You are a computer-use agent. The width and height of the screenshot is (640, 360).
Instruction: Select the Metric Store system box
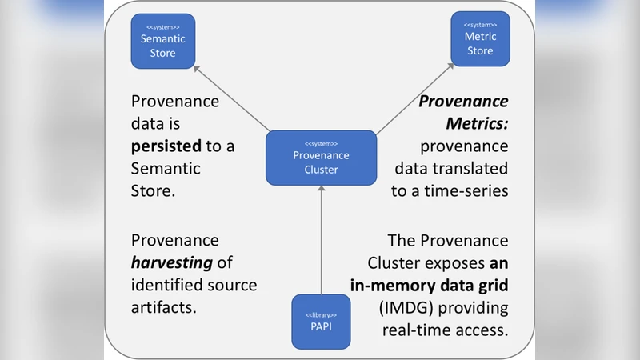[x=480, y=39]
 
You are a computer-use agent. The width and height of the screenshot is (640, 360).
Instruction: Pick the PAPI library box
[x=321, y=322]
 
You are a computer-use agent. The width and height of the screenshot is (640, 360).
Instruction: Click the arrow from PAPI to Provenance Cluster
[x=321, y=240]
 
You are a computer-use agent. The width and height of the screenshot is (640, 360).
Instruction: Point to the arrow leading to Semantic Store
[x=232, y=98]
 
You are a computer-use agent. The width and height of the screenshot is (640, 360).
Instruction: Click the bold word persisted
[x=166, y=147]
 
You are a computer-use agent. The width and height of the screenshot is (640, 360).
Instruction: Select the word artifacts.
[x=163, y=307]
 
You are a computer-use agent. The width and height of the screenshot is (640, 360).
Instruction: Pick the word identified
[x=164, y=285]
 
